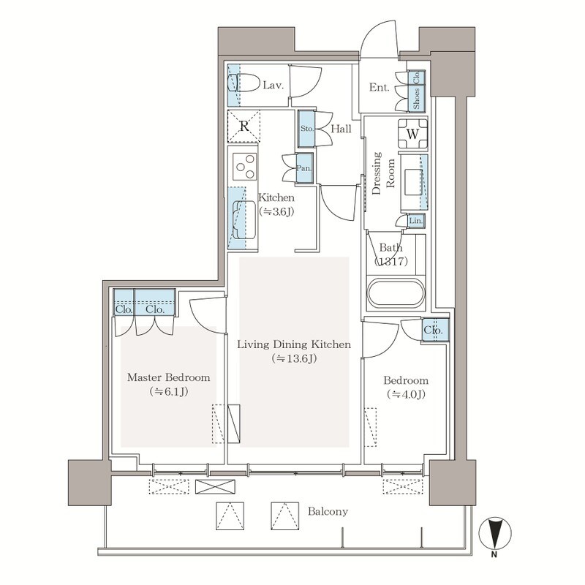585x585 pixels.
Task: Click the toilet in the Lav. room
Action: point(244,83)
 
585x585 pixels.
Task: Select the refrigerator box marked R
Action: point(244,126)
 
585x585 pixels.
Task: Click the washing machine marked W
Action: point(412,134)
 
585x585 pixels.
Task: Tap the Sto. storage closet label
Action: point(307,129)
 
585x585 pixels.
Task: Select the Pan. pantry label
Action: point(304,168)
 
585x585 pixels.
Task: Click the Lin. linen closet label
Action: point(415,221)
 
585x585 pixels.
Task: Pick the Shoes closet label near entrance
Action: point(416,99)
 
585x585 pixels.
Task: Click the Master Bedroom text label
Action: point(169,377)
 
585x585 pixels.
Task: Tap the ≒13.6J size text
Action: point(295,358)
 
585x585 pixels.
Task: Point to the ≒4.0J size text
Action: point(406,394)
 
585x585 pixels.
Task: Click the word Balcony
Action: point(328,511)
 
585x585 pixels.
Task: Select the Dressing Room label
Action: point(383,173)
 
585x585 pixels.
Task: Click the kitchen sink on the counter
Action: point(243,220)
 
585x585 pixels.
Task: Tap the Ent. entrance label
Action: point(379,87)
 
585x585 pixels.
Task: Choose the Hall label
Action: point(341,129)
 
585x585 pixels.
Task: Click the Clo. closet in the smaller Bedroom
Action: point(435,330)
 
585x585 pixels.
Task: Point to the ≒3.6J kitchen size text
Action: point(277,211)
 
